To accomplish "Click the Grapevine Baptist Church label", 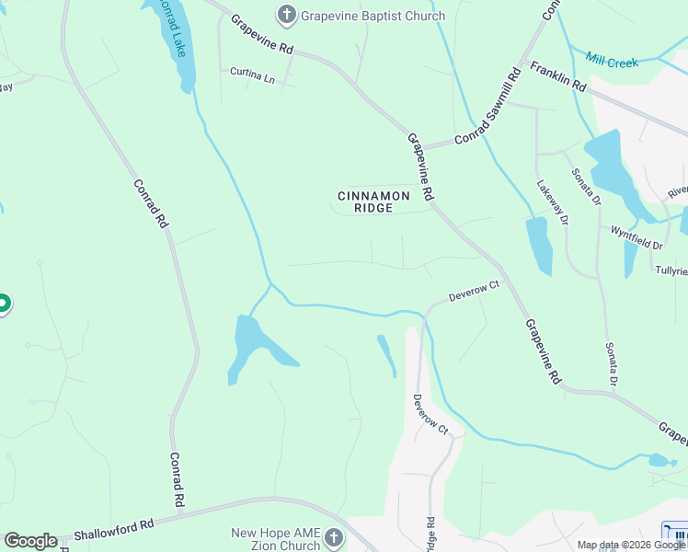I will click(x=373, y=16).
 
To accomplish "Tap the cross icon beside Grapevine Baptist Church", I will click(x=287, y=15).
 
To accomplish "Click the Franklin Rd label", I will click(x=559, y=76).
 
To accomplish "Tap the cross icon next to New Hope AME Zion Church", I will click(x=334, y=537).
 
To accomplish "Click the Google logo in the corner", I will click(x=30, y=541).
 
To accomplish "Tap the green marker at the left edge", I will click(x=3, y=303).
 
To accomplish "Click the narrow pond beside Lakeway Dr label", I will click(x=539, y=246).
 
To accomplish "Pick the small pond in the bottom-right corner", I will click(x=659, y=460).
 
